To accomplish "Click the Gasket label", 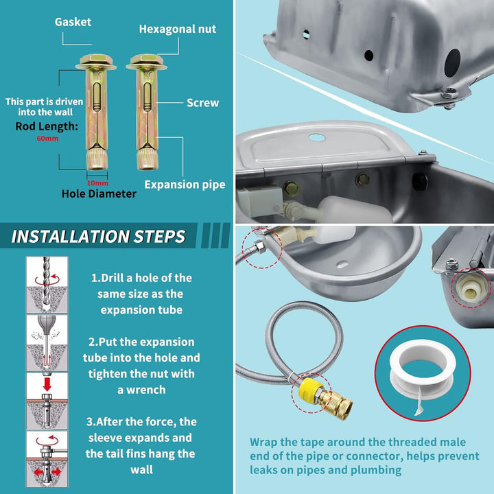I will (x=73, y=22).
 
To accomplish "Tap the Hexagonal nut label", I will (x=177, y=29).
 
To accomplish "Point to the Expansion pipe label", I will (x=185, y=185).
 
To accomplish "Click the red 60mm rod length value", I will (x=49, y=138).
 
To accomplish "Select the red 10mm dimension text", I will (x=97, y=183).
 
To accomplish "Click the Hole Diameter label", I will (x=99, y=194).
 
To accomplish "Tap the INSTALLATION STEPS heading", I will (x=99, y=237).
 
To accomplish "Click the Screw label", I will (x=202, y=103).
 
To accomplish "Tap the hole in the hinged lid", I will (x=316, y=137).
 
